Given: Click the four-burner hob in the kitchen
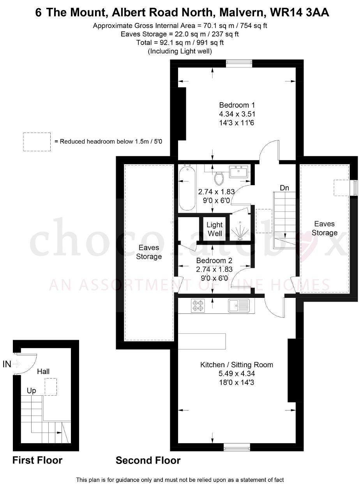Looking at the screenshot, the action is (x=198, y=306).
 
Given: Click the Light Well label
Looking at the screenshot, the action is (x=215, y=229).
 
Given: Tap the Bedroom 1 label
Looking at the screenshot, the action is (x=237, y=105).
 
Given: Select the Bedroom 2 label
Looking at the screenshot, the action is (x=214, y=260).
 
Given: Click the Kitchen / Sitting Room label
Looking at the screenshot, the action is (x=236, y=365).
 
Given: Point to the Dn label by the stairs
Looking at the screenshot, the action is (x=284, y=188).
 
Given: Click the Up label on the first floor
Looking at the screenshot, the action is (x=32, y=391).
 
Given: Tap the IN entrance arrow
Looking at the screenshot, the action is (x=16, y=364).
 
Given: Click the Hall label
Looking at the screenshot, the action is (x=43, y=372).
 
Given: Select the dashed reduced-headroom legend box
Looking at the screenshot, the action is (x=37, y=142).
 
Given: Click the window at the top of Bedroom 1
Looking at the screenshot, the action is (x=239, y=63).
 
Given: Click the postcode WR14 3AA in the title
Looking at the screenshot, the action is (x=300, y=13).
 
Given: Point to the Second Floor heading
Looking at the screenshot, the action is (x=148, y=460).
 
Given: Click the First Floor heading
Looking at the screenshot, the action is (x=37, y=460).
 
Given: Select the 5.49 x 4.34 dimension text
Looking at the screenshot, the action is (x=236, y=373).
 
